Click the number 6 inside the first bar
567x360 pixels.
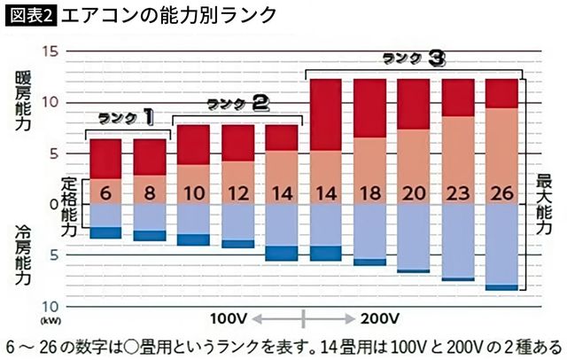click(x=105, y=192)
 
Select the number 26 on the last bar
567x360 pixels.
click(x=502, y=192)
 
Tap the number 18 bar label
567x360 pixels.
click(x=369, y=192)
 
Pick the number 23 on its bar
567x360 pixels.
click(x=458, y=192)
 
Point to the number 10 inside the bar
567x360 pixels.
click(x=193, y=192)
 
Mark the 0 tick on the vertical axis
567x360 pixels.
click(x=53, y=204)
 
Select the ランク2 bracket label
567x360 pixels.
click(x=237, y=104)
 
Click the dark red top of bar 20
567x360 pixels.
click(x=414, y=104)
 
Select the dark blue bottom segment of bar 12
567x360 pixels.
click(x=237, y=244)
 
